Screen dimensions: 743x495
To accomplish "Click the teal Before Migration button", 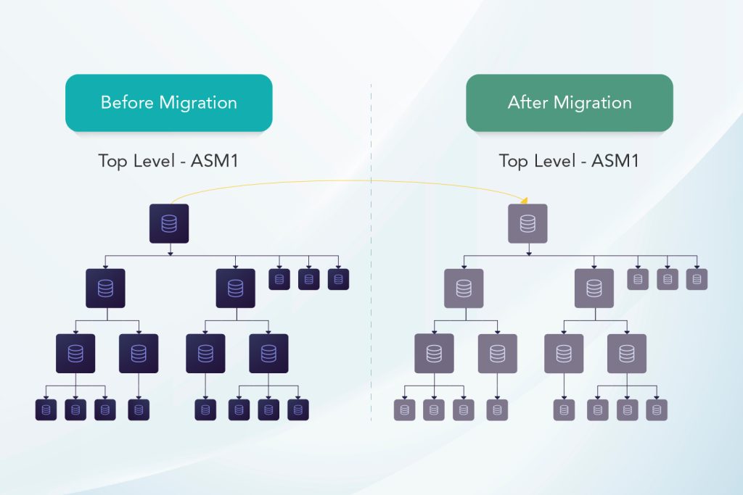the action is tap(168, 102).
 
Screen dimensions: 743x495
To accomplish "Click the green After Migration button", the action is tap(569, 102).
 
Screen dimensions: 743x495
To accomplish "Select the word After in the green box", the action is tap(528, 102).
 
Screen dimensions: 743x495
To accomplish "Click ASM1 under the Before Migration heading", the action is tap(214, 160).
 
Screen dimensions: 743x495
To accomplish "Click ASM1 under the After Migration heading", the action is tap(615, 160).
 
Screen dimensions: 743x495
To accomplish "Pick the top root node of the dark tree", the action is tap(169, 223).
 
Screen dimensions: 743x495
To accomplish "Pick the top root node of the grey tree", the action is tap(528, 223).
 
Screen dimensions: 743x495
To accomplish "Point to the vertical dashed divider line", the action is tap(371, 290).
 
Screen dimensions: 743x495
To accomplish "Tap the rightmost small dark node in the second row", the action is tap(338, 279).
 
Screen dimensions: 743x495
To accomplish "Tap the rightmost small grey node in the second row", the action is tap(697, 279).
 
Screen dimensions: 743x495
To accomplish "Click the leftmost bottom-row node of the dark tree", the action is tap(46, 410).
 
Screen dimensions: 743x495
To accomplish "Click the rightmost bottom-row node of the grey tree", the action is tap(657, 410).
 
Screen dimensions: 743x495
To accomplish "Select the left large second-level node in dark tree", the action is tap(105, 288).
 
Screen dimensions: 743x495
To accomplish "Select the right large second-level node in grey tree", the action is tap(594, 288).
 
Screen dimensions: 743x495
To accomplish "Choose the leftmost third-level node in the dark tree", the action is tap(75, 354).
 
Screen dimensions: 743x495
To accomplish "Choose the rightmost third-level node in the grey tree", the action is tap(627, 354).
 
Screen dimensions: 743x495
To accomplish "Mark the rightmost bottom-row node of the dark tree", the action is tap(297, 410).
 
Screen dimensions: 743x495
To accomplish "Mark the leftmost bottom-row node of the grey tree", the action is tap(404, 410).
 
